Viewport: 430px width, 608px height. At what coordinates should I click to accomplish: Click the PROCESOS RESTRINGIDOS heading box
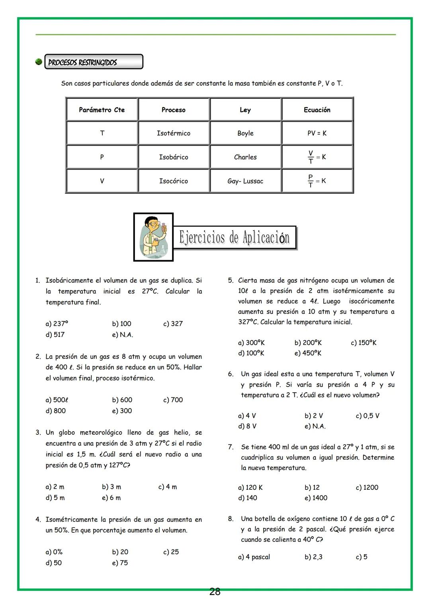[94, 62]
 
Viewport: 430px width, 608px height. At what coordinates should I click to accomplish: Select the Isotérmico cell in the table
[174, 133]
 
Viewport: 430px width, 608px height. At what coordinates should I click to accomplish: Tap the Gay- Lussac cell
[245, 181]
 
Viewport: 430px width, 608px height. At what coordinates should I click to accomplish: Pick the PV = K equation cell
[317, 133]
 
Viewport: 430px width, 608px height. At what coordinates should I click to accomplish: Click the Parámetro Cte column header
[102, 110]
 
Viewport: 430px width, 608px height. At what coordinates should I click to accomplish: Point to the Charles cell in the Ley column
[245, 157]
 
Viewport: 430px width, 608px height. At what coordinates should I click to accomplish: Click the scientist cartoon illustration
[153, 237]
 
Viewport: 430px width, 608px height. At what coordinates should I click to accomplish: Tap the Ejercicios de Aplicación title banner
[235, 237]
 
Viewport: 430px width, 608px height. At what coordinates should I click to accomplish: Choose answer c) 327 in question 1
[173, 324]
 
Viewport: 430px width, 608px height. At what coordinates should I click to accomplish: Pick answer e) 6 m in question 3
[111, 498]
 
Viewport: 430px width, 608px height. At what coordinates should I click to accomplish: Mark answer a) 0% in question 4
[54, 552]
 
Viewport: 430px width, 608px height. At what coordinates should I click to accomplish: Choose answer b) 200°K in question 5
[308, 342]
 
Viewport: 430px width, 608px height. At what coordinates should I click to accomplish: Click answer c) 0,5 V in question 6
[367, 416]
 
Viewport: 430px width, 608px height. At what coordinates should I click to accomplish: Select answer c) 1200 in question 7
[367, 487]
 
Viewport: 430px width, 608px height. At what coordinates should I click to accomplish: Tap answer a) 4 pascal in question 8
[254, 557]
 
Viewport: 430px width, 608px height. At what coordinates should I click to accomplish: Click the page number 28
[215, 592]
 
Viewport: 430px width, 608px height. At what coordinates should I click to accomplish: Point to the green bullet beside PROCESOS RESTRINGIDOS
[39, 62]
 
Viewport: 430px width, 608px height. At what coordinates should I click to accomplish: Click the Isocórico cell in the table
[174, 181]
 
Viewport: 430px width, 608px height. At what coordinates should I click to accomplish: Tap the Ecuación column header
[317, 110]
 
